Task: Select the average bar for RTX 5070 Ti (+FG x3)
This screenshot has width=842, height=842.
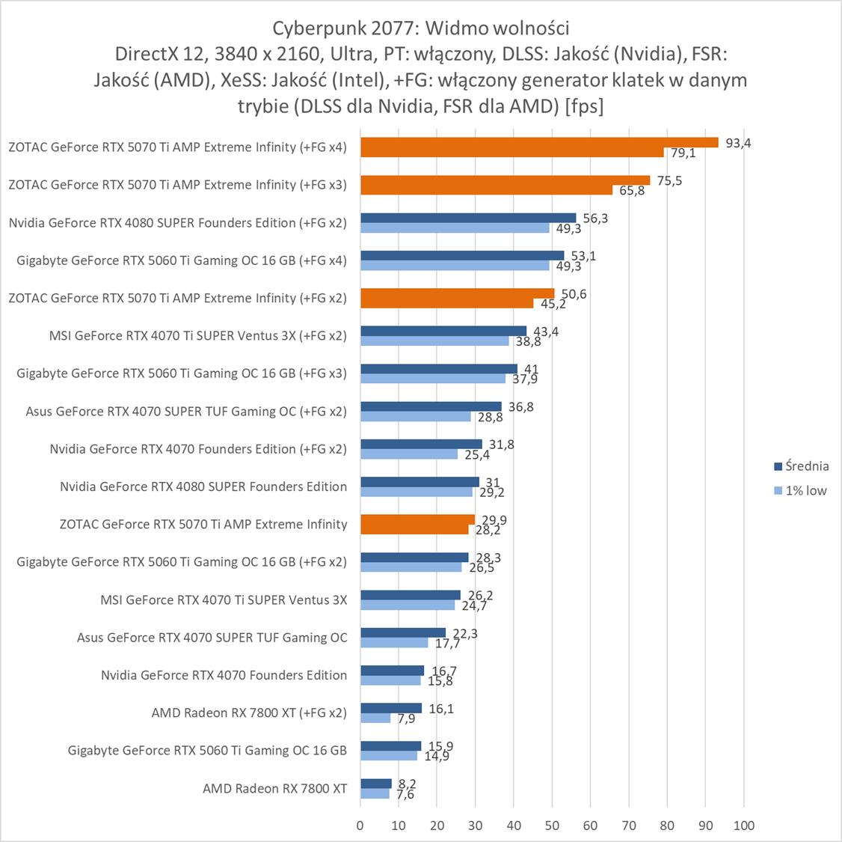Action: (x=505, y=180)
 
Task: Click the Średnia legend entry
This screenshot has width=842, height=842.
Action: (x=801, y=466)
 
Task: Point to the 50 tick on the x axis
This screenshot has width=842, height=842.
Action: (x=552, y=826)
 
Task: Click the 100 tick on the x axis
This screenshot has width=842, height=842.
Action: (x=743, y=826)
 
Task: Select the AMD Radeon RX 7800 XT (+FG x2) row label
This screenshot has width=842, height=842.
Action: (x=249, y=713)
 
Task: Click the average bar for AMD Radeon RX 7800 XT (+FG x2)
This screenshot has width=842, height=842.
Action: (x=390, y=708)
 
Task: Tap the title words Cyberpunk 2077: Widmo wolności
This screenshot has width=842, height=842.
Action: (x=420, y=28)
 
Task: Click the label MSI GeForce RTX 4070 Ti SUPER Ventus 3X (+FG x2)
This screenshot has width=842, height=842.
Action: (x=197, y=335)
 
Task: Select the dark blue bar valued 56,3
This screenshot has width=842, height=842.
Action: (x=468, y=218)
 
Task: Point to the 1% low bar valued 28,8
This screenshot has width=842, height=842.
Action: (x=415, y=416)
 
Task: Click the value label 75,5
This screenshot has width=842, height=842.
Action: (x=669, y=180)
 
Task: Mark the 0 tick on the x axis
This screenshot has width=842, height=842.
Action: (x=360, y=826)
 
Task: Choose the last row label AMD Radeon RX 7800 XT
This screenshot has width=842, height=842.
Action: (x=274, y=788)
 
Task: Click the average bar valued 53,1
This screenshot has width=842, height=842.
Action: (x=462, y=256)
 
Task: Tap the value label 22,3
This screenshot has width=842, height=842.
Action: (x=464, y=633)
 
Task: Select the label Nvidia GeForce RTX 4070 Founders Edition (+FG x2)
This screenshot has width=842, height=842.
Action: (x=198, y=448)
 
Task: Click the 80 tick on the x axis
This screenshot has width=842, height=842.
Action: (x=667, y=826)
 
